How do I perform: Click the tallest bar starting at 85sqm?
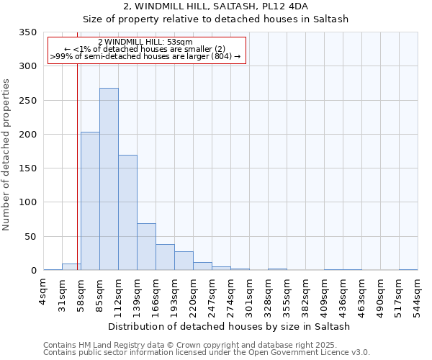click(109, 179)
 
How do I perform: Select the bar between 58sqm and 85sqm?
click(90, 202)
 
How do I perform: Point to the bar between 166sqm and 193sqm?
click(165, 258)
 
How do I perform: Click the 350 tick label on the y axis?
click(27, 32)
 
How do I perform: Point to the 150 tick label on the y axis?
click(27, 168)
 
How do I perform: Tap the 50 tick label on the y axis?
click(30, 236)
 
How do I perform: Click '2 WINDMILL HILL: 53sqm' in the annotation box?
click(145, 42)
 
